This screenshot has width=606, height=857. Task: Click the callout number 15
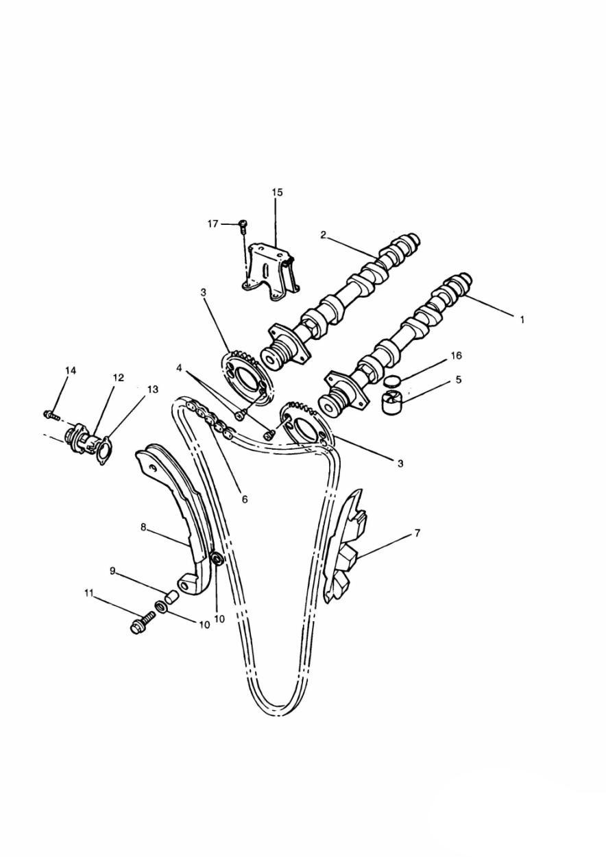(x=278, y=192)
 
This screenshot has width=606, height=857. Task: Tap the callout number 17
(x=213, y=224)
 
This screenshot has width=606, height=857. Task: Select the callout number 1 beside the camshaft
(x=522, y=319)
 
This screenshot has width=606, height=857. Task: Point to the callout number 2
(x=323, y=234)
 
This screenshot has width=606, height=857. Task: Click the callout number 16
(x=457, y=355)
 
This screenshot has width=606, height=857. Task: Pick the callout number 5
(x=459, y=380)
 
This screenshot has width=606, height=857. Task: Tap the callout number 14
(x=71, y=370)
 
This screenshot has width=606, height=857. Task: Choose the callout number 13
(x=152, y=389)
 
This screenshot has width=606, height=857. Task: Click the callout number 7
(x=417, y=533)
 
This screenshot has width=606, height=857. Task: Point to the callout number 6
(x=245, y=499)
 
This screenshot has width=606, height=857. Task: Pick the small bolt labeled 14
(x=51, y=414)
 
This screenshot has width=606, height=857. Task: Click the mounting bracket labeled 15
(x=271, y=272)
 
